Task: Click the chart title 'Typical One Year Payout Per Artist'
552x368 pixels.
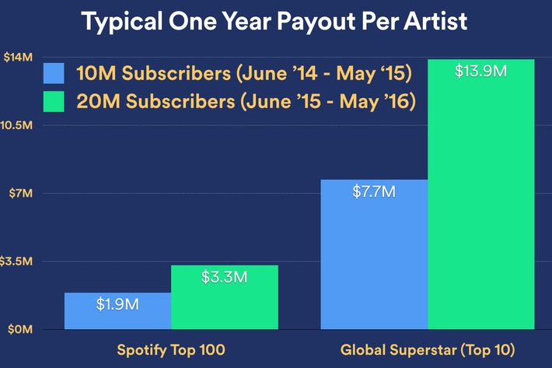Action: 274,22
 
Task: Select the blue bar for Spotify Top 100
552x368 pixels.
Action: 117,311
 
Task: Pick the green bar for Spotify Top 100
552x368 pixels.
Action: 225,297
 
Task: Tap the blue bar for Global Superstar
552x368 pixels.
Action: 374,254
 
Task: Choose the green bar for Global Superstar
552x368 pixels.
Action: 481,195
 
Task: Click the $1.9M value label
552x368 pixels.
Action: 117,304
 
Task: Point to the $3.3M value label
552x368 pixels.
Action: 224,277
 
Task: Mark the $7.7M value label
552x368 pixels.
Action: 374,192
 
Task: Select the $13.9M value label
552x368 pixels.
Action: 481,71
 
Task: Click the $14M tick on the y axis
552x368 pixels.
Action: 18,57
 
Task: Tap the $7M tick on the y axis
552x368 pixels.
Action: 21,193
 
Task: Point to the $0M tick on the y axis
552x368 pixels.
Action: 20,329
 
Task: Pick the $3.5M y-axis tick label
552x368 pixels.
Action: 16,261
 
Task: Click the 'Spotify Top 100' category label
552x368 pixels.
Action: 171,350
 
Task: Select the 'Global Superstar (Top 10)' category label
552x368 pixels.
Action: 428,350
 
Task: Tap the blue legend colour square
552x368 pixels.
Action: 54,73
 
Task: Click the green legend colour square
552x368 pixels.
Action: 54,101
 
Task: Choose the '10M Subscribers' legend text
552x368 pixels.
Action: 154,74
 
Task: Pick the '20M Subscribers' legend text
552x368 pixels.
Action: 156,101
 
